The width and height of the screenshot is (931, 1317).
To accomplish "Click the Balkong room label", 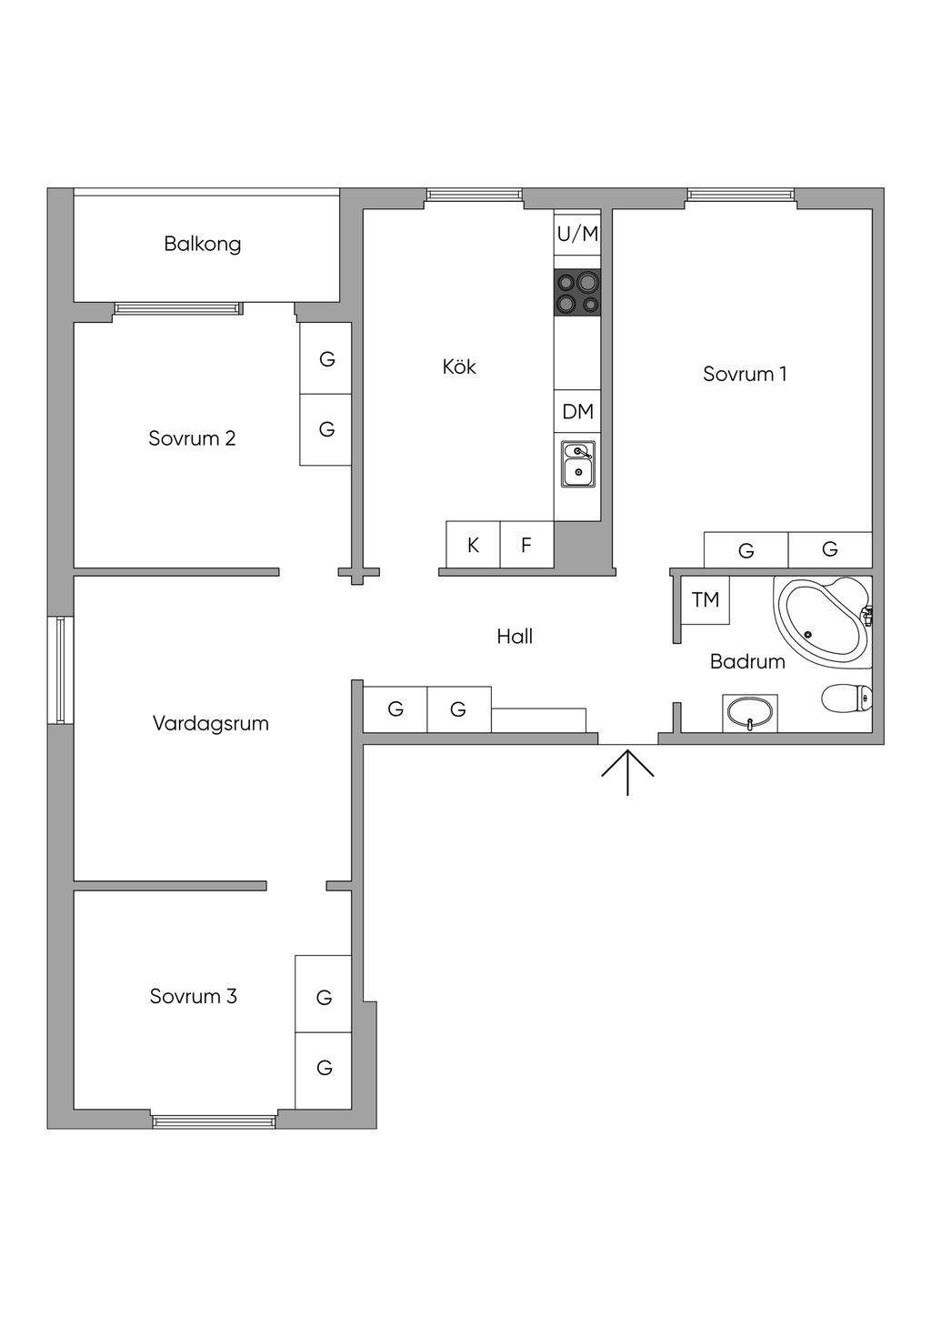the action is coord(202,244).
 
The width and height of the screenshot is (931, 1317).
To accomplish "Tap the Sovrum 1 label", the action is coord(745,374).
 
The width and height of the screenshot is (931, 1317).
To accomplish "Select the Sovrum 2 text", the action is coord(192,438).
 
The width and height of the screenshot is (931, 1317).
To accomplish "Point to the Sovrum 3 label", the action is coord(193,996).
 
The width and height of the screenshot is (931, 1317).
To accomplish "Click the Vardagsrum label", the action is coord(210,724).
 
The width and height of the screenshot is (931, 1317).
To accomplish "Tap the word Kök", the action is coord(459,367).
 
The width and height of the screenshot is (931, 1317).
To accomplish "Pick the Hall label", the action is coord(515,637).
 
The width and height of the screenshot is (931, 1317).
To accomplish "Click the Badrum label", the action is coord(747,661).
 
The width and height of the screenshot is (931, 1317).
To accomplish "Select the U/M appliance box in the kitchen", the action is coord(577,234).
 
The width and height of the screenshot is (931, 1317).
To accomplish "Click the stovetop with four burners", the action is coord(577,293).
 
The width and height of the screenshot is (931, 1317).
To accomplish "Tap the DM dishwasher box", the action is coord(577,412).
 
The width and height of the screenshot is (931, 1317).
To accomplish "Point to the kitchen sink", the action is coord(577,463).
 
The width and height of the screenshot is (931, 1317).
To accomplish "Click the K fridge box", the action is coord(473,545).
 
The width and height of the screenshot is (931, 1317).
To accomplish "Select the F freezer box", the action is coord(526,545).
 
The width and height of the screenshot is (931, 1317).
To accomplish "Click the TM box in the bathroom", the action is coord(706,599).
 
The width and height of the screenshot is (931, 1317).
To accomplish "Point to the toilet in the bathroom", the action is coord(846,699).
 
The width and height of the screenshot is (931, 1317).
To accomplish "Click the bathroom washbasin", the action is coord(750,712).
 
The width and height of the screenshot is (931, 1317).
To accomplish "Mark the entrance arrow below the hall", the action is coord(627,771).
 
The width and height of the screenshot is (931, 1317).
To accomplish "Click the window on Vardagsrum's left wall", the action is coord(60,670).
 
